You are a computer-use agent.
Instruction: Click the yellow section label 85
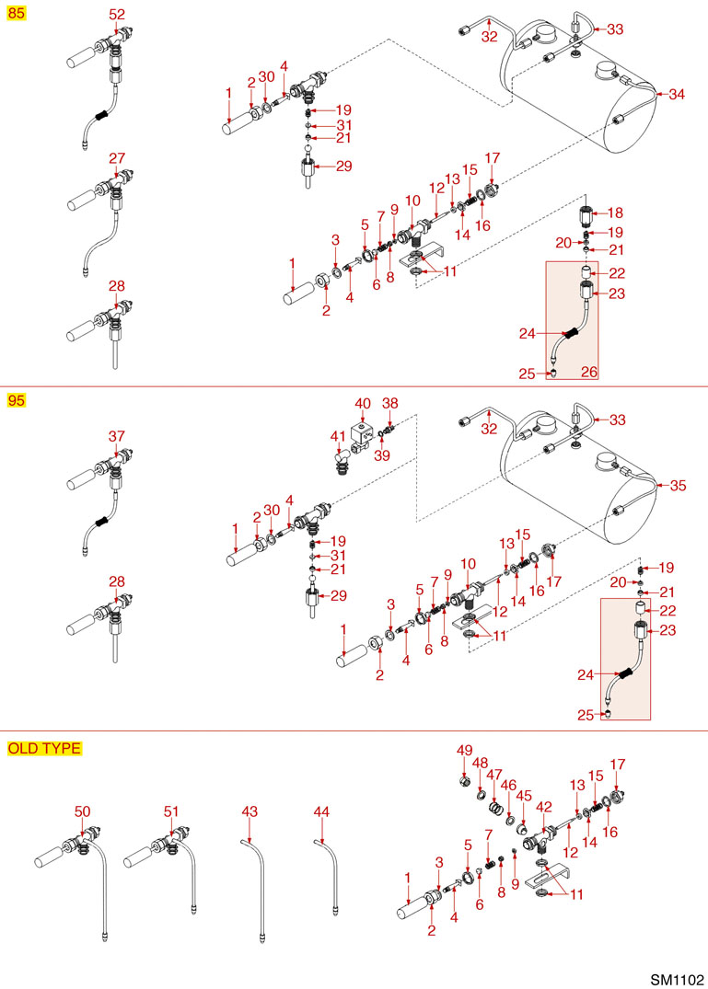pos(16,13)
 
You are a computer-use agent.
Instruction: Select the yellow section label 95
pos(16,400)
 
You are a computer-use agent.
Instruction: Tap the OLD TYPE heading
pos(44,748)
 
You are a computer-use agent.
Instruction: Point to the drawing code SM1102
pos(677,980)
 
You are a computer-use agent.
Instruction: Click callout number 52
pos(117,14)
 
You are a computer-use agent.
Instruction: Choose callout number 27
pos(117,157)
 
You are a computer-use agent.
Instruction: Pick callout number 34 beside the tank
pos(677,94)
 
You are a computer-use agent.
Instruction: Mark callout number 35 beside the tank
pos(678,486)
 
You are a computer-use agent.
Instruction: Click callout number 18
pos(615,213)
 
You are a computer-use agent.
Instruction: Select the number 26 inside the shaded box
pos(588,372)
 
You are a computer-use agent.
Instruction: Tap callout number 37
pos(117,436)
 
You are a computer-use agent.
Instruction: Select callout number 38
pos(390,403)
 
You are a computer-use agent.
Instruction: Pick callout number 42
pos(544,807)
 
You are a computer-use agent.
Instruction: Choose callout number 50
pos(83,811)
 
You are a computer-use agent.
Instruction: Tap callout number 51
pos(171,811)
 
